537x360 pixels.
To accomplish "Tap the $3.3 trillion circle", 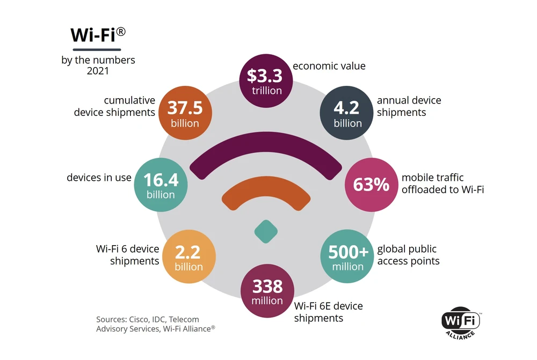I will [266, 81].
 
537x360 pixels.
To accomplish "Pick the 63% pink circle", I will [371, 185].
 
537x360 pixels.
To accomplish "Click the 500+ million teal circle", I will [347, 256].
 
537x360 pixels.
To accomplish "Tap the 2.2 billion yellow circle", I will [188, 256].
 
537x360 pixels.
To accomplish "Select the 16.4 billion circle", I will [161, 185].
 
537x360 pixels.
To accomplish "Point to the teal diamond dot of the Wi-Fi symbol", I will [266, 231].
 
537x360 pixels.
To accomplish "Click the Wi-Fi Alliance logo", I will [461, 324].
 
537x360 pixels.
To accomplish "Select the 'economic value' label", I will [329, 67].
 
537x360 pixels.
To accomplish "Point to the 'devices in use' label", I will [99, 178].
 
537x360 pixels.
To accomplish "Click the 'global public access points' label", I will [408, 255].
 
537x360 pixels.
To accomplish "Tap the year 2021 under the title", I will [98, 70].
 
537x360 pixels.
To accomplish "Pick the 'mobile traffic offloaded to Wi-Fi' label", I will [443, 183].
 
